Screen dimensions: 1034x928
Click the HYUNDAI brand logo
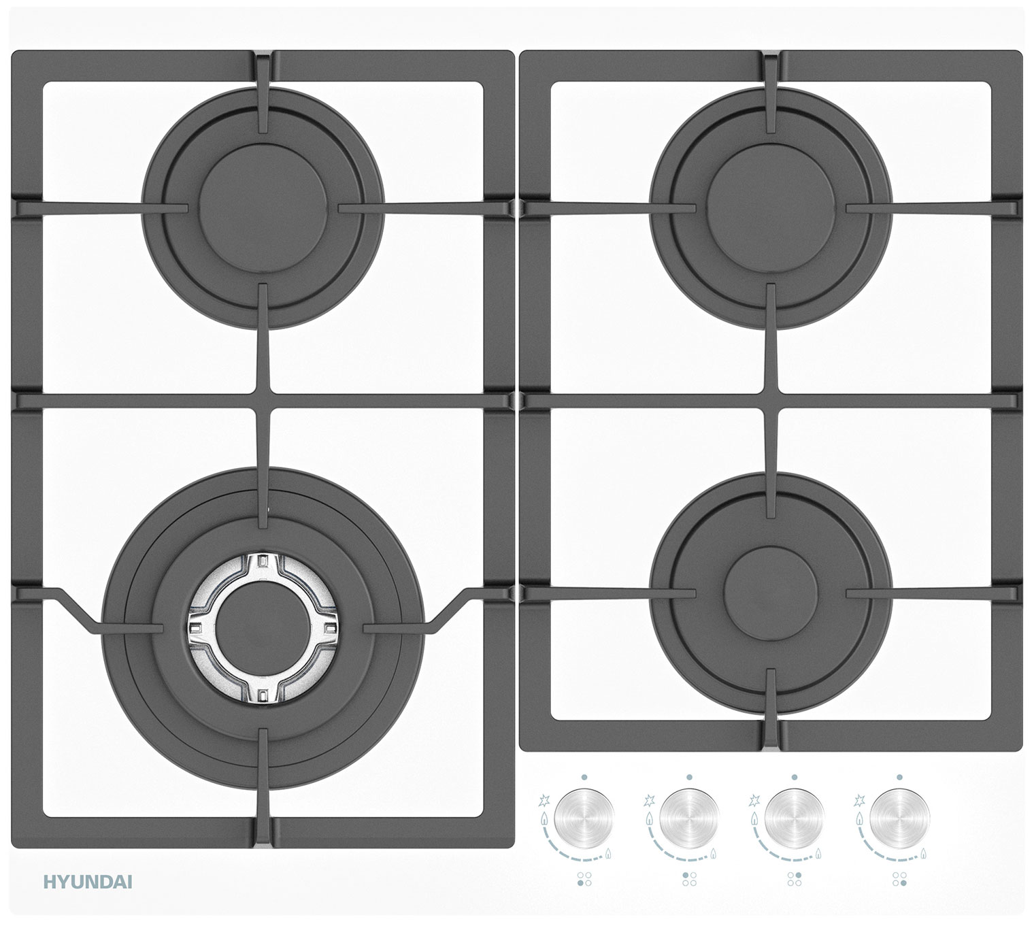tap(88, 882)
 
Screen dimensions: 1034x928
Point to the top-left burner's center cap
tap(263, 208)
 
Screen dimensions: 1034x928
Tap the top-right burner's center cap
tap(771, 208)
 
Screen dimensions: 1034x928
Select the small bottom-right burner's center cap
tap(771, 593)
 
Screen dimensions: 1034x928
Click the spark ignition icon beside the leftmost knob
tap(544, 800)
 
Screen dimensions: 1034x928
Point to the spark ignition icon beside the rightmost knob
tap(859, 800)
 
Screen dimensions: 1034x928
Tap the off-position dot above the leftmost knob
tap(584, 777)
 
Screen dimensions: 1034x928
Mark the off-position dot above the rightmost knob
tap(899, 777)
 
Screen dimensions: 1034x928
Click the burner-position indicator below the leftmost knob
tap(584, 879)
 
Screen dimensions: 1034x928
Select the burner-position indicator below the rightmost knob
tap(899, 879)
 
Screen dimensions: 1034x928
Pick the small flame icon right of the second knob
tap(714, 853)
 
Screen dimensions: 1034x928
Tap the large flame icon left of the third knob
tap(754, 819)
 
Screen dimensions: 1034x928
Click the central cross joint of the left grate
tap(263, 401)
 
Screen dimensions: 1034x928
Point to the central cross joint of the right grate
tap(771, 401)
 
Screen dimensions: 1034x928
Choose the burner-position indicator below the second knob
tap(689, 879)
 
